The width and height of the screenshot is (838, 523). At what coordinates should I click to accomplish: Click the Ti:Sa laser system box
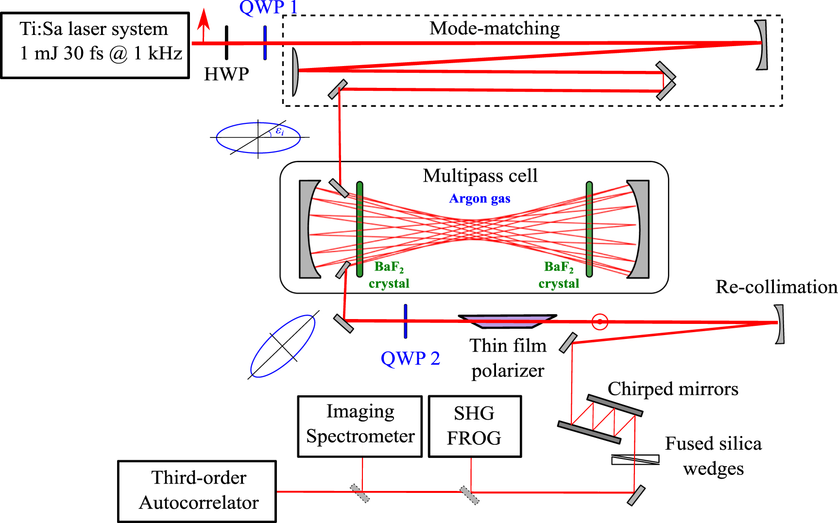tap(95, 45)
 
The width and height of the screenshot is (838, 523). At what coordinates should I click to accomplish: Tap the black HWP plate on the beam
tap(226, 43)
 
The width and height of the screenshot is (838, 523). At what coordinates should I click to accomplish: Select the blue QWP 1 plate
tap(265, 43)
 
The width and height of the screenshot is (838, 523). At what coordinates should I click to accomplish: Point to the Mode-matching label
tap(494, 28)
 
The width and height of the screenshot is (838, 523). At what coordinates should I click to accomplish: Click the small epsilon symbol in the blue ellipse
tap(279, 131)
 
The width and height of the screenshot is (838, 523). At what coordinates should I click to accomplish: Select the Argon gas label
tap(479, 199)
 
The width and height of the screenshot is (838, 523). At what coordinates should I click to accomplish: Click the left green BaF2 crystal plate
tap(359, 229)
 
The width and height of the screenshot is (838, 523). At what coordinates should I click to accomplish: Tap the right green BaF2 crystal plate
tap(589, 229)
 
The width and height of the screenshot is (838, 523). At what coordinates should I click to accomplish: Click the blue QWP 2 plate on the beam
tap(405, 321)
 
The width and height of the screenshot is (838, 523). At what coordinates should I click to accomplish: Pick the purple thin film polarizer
tap(507, 321)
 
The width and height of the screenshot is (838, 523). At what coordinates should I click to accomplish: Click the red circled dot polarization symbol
tap(600, 321)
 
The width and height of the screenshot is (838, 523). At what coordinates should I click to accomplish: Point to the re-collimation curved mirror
tap(779, 324)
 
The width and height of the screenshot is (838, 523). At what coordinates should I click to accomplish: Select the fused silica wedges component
tap(635, 459)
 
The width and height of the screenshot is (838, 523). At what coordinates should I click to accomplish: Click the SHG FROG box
tap(475, 426)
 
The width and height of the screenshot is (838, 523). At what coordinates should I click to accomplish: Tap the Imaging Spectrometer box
tap(359, 426)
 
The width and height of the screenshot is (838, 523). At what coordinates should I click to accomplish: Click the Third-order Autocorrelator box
tap(197, 490)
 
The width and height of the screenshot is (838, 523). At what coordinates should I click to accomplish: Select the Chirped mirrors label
tap(672, 388)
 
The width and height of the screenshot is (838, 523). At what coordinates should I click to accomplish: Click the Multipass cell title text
tap(480, 176)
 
